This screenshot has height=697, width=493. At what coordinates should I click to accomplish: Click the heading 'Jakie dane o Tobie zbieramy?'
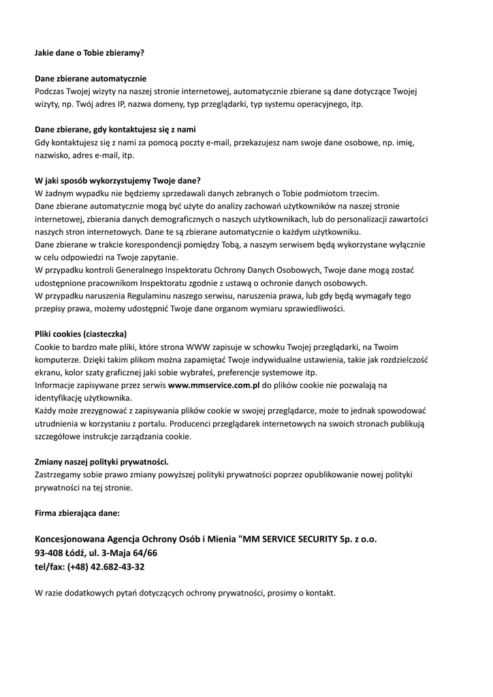(x=89, y=52)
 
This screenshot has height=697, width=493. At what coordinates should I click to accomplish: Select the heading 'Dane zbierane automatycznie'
(x=91, y=78)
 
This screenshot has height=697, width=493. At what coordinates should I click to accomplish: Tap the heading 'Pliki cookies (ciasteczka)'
(x=80, y=334)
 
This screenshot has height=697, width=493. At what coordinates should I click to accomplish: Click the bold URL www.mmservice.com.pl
(x=214, y=385)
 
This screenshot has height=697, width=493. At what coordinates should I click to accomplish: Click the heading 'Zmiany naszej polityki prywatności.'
(x=101, y=461)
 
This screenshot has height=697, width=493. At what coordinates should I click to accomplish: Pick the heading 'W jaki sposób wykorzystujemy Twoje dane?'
(x=117, y=180)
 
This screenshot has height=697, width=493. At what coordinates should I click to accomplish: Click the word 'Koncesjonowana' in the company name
(x=70, y=539)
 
